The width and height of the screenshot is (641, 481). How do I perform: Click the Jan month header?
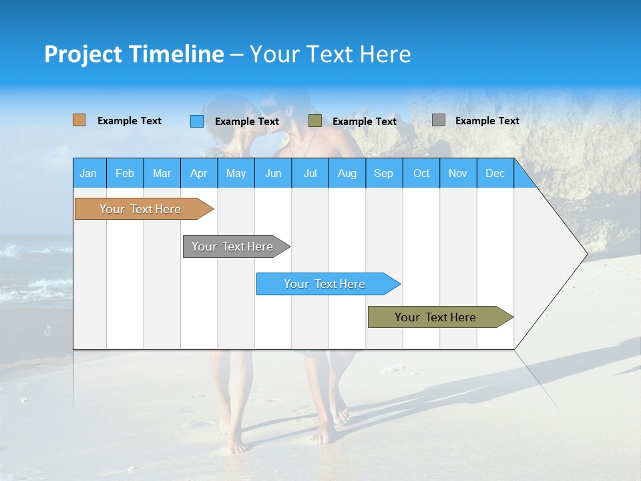click(x=88, y=173)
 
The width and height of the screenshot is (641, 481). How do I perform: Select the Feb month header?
click(x=125, y=173)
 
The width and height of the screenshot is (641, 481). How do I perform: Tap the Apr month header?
click(x=198, y=173)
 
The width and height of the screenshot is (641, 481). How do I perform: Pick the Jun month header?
click(x=273, y=173)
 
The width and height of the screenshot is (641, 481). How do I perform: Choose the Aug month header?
click(x=347, y=173)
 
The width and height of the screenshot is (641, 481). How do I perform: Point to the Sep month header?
click(x=383, y=173)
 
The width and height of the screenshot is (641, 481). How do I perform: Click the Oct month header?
click(x=421, y=173)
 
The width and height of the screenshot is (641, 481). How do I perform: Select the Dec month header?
click(x=495, y=173)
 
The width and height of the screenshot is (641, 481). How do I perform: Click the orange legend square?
click(x=79, y=120)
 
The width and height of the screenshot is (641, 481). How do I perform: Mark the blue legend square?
click(x=197, y=121)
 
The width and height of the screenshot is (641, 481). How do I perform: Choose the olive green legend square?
click(x=315, y=121)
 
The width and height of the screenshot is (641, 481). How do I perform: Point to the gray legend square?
click(x=439, y=120)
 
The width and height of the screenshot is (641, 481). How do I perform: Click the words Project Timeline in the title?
click(x=134, y=54)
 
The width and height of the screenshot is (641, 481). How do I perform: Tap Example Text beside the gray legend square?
click(x=487, y=121)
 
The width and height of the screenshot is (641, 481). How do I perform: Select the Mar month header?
click(x=162, y=173)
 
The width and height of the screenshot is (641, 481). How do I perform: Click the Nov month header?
click(x=458, y=173)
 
